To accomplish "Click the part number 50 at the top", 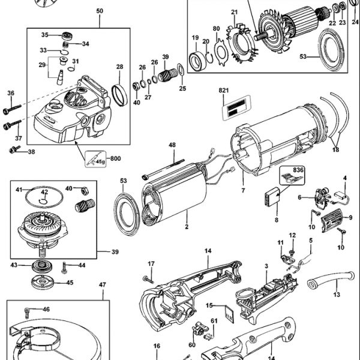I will [x=99, y=11].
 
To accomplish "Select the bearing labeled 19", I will [x=196, y=60].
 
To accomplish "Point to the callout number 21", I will [x=235, y=12].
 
